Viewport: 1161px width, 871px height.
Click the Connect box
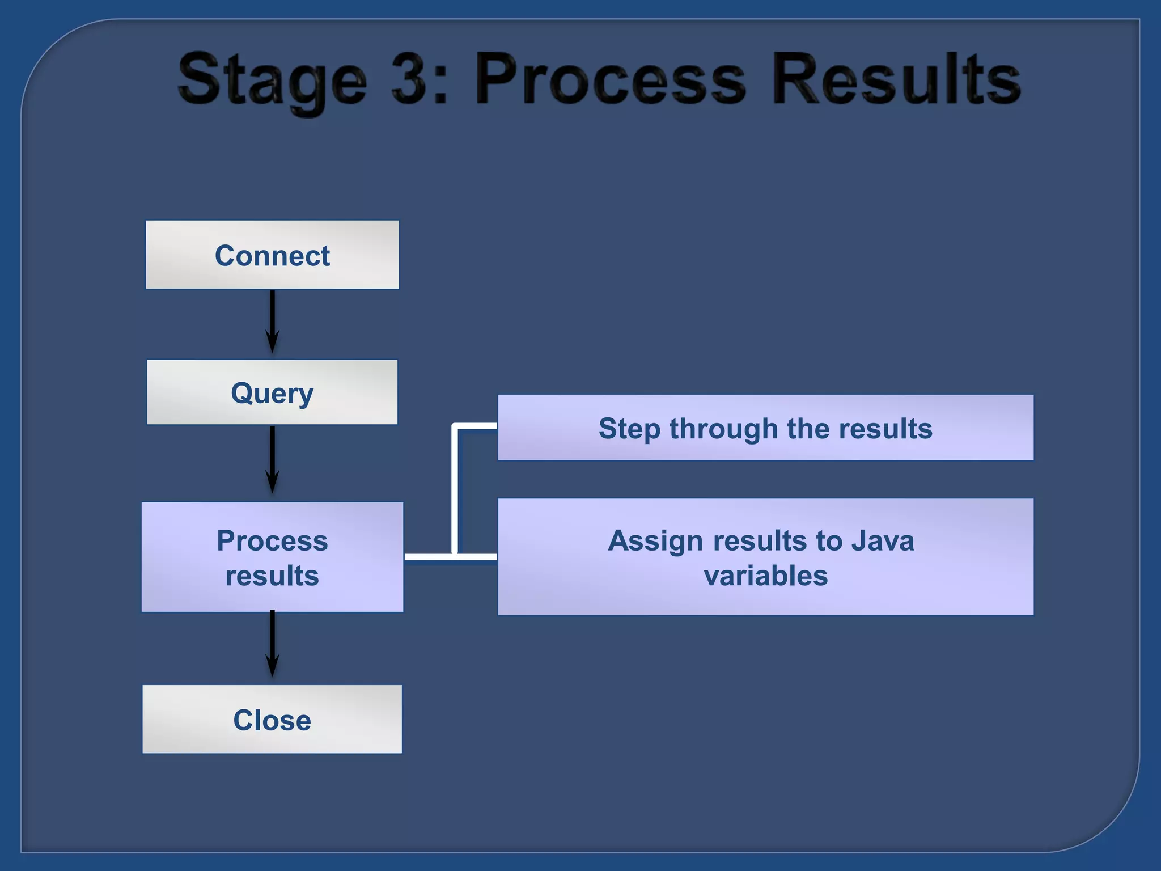coord(272,255)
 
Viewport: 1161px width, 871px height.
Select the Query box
coord(272,392)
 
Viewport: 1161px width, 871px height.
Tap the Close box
coord(272,720)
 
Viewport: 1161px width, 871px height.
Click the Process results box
coord(272,557)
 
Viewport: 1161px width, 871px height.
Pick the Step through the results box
coord(765,428)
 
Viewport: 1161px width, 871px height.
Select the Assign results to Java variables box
coord(765,557)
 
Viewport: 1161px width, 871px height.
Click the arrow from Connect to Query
coord(272,322)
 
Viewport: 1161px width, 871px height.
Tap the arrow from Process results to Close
coord(272,644)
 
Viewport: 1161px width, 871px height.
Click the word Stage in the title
coord(272,81)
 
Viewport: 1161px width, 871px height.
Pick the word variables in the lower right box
coord(765,576)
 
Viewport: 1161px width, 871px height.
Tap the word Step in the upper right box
coord(629,429)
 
